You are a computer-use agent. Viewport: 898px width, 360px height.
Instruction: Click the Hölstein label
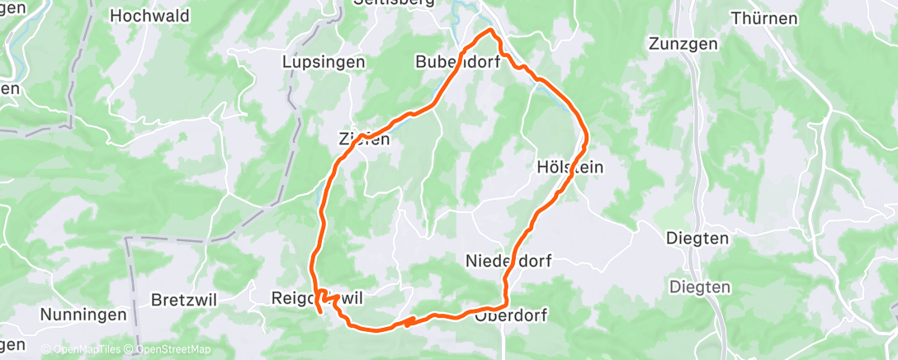click(570, 167)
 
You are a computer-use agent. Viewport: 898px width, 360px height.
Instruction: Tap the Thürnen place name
click(764, 17)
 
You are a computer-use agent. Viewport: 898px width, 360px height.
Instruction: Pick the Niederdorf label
click(508, 261)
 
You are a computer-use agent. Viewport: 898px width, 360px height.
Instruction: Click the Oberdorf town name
click(511, 315)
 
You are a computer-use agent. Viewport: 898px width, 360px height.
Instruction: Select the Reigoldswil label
click(317, 296)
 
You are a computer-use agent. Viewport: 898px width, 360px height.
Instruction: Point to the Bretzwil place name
click(184, 299)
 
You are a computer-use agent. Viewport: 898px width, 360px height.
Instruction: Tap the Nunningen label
click(83, 314)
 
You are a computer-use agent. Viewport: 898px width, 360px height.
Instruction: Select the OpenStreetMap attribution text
click(171, 349)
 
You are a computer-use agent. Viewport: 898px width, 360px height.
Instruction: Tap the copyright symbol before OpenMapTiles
click(46, 349)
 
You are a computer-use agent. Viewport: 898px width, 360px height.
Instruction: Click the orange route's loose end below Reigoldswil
click(319, 313)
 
